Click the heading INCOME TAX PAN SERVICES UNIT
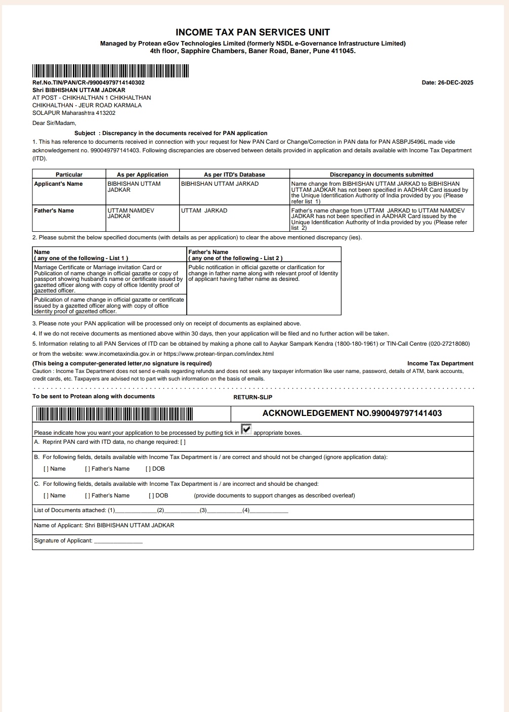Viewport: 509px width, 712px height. (252, 32)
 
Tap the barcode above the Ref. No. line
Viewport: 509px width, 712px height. (110, 71)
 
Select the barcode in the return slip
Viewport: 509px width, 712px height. (114, 414)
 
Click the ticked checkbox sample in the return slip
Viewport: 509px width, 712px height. (246, 430)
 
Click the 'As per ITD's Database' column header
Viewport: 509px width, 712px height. (234, 175)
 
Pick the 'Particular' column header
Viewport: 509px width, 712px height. (69, 175)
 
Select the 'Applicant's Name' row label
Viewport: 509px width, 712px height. (58, 184)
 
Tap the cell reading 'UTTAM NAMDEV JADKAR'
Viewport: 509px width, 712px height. (131, 213)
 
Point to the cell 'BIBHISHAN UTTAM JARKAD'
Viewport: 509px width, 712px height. (220, 184)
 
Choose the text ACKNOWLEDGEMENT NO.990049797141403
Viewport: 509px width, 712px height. (352, 413)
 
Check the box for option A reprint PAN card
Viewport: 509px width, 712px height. (183, 442)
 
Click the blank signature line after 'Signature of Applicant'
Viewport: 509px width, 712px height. (118, 541)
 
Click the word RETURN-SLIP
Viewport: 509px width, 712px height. (252, 397)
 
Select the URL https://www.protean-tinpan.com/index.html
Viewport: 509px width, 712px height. (219, 354)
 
